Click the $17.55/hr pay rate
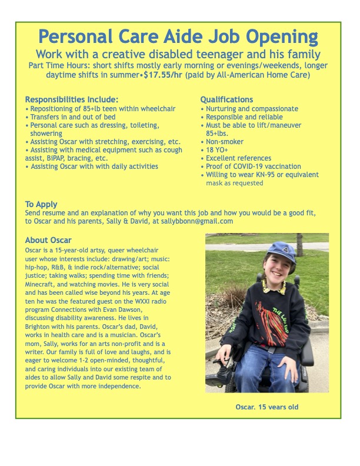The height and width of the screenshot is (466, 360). pos(163,75)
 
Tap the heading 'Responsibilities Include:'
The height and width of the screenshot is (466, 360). pos(72,99)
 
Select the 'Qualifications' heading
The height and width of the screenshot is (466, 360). pos(226,99)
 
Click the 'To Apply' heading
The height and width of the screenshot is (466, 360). pos(41,205)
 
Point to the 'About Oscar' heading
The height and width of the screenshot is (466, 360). pos(48,240)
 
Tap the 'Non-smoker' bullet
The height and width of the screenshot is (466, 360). pos(224,142)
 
